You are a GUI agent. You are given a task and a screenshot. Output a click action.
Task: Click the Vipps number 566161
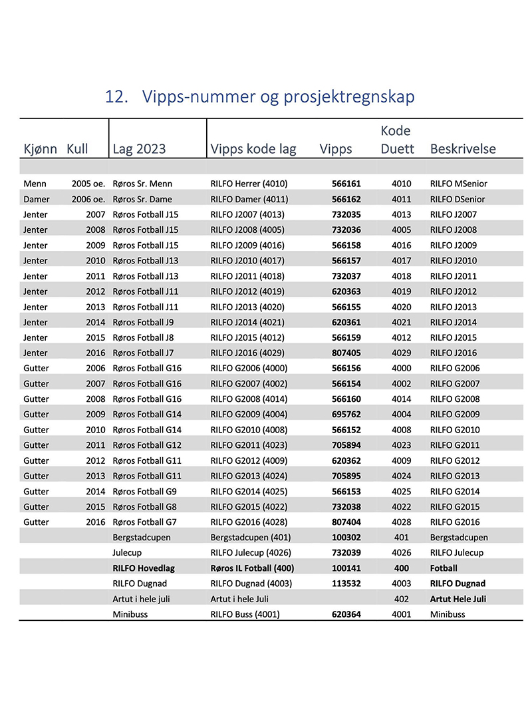tap(346, 184)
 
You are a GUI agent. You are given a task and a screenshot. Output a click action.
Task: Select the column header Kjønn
tap(40, 148)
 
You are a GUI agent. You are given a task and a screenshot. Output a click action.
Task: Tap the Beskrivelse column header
tap(463, 148)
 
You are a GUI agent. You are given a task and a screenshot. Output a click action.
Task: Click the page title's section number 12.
tap(116, 97)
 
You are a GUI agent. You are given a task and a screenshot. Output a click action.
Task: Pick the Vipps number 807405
tap(346, 353)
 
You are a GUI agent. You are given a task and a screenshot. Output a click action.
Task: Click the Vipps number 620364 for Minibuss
tap(346, 614)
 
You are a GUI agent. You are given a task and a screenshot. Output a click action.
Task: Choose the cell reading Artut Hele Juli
tap(458, 599)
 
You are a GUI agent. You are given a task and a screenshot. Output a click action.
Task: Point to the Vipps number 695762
tap(346, 415)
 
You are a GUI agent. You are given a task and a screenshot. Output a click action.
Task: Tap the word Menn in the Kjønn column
tap(35, 184)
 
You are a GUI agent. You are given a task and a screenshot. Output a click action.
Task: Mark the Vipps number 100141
tap(346, 568)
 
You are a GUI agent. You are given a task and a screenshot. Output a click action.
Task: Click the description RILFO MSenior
tap(459, 184)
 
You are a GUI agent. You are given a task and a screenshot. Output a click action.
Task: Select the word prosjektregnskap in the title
tap(349, 97)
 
